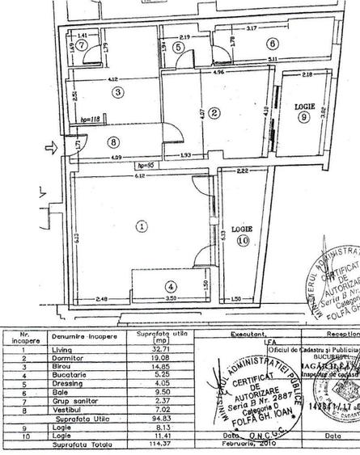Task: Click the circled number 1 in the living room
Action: tap(142, 227)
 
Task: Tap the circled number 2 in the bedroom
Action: tap(214, 113)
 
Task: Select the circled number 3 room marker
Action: tap(118, 92)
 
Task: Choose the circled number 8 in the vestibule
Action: tap(112, 141)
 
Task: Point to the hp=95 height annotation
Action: tap(146, 165)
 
